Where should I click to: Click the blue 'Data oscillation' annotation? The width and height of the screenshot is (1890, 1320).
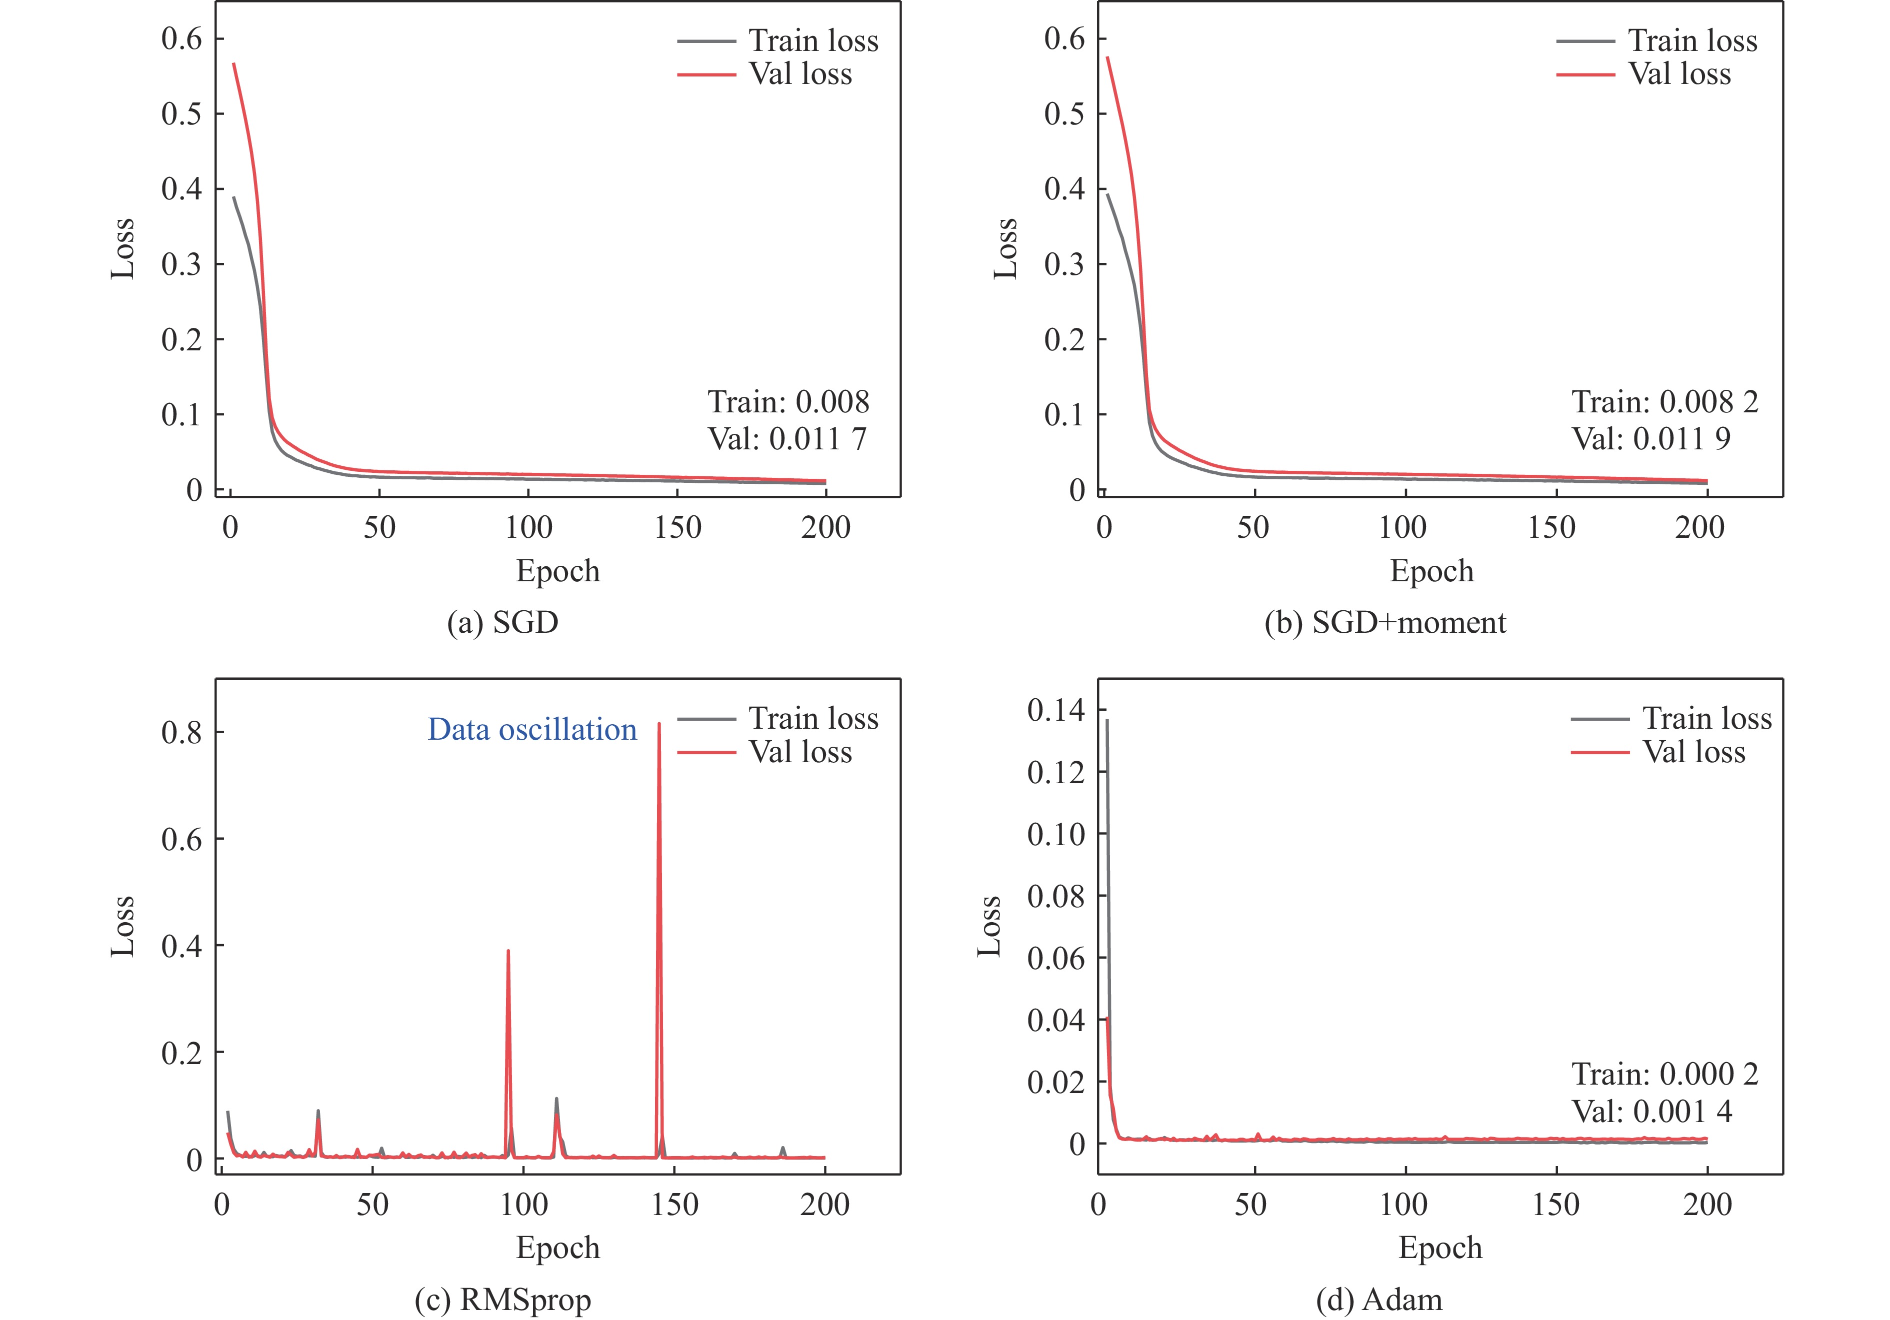point(532,730)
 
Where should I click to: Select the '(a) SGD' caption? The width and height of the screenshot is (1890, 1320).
point(502,622)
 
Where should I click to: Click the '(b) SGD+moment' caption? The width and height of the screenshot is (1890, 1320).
point(1384,622)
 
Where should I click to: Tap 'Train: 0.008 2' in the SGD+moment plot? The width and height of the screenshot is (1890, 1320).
point(1664,401)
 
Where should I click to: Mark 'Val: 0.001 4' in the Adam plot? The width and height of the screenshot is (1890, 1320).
point(1651,1112)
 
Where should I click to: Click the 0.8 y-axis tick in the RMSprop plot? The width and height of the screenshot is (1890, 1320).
point(181,732)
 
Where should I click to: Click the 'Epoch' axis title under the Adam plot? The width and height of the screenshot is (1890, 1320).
point(1439,1248)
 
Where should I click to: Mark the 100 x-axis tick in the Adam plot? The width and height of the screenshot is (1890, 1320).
point(1403,1205)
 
